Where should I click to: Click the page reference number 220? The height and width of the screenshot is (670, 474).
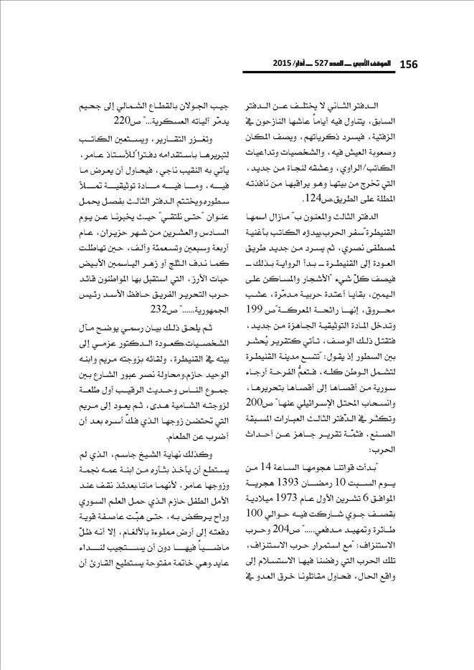tap(144, 119)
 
